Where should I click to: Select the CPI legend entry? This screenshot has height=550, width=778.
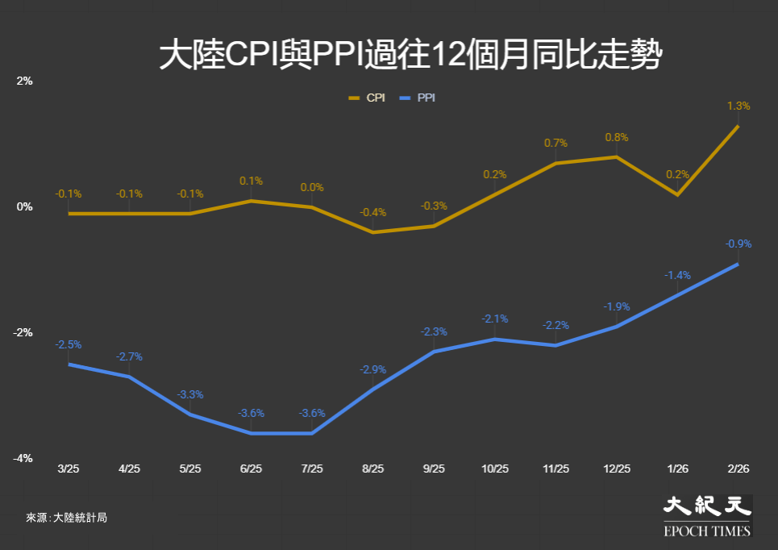pos(367,98)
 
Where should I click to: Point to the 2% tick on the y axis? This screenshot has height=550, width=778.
pos(24,81)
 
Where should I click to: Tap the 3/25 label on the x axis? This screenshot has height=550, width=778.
pos(69,469)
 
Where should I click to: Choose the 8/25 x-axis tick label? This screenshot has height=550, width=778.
pos(373,469)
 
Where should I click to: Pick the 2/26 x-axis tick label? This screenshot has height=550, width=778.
pos(738,469)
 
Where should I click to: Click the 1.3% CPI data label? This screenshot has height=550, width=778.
pos(738,106)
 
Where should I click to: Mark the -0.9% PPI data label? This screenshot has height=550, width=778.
pos(738,244)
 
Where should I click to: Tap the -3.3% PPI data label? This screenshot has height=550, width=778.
pos(190,394)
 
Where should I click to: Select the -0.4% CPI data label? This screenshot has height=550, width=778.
pos(373,212)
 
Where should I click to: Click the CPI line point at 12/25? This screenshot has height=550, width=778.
pos(617,157)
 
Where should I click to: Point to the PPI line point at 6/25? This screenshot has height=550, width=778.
pos(252,433)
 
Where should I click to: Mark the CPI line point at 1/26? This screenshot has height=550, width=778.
pos(677,194)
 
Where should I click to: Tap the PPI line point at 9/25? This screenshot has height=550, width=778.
pos(435,352)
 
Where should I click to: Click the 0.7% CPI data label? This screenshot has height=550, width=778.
pos(555,143)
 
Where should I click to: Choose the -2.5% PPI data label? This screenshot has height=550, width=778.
pos(69,344)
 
